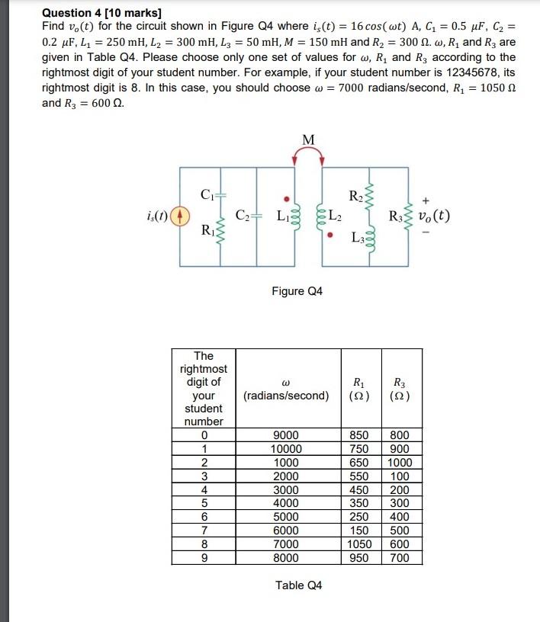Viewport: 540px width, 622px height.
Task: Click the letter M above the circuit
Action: [x=308, y=139]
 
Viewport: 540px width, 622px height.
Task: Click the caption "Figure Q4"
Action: [x=297, y=291]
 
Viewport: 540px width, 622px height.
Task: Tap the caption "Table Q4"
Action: [x=298, y=585]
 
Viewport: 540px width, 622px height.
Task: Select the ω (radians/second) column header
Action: [x=286, y=389]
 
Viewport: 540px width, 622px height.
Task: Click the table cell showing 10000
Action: [x=286, y=449]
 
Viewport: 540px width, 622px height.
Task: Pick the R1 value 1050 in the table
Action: [x=359, y=544]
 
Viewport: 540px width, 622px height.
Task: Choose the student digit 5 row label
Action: [x=204, y=503]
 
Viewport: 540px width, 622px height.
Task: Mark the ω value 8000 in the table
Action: [x=286, y=558]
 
